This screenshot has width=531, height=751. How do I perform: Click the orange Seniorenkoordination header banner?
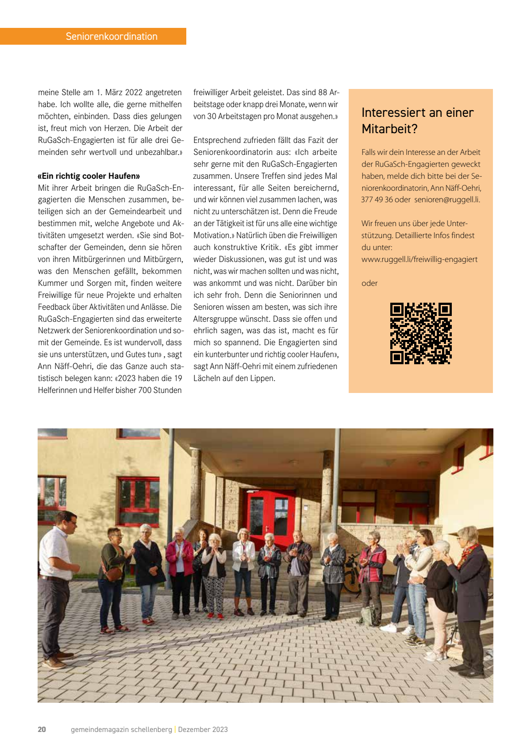pos(93,36)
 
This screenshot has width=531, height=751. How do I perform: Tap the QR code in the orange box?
pos(420,333)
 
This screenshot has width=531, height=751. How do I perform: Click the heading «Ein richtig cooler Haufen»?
pos(89,176)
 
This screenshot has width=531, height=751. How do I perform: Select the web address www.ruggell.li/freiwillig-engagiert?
pos(419,259)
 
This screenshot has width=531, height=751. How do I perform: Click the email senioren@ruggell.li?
pos(447,200)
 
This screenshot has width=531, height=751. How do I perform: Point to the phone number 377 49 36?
pos(377,200)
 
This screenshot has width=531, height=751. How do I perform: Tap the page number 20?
pos(42,729)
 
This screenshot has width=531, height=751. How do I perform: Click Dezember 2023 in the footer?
pos(203,729)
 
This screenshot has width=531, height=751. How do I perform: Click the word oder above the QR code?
pos(369,283)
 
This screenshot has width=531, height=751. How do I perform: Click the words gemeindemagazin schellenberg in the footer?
pos(121,729)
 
